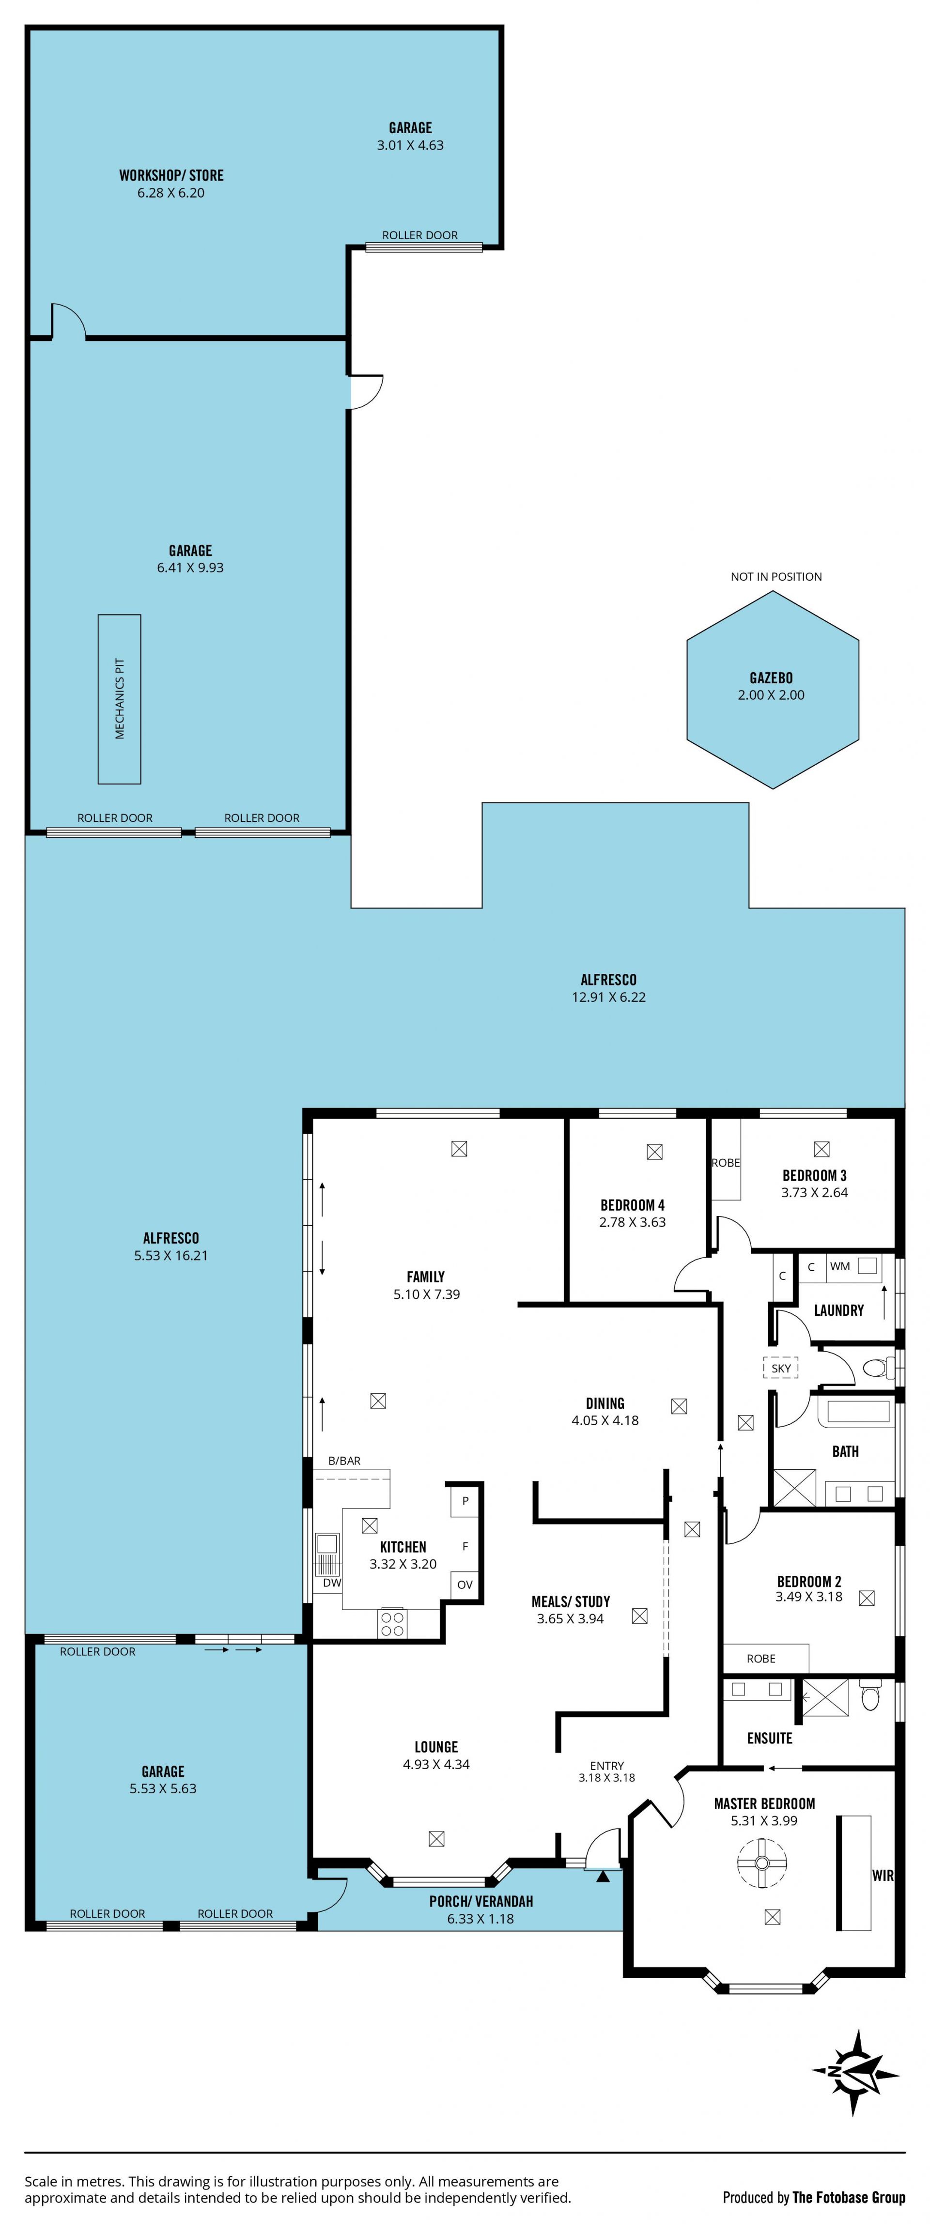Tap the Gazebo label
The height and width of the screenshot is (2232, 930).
click(x=771, y=677)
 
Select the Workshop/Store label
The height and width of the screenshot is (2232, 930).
click(x=171, y=175)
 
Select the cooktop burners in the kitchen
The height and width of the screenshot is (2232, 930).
click(x=393, y=1623)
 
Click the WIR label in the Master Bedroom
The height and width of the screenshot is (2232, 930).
click(x=883, y=1876)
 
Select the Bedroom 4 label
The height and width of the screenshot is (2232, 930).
click(x=633, y=1205)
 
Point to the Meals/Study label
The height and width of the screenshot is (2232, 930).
click(x=570, y=1601)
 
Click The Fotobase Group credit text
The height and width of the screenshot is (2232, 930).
click(x=849, y=2197)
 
